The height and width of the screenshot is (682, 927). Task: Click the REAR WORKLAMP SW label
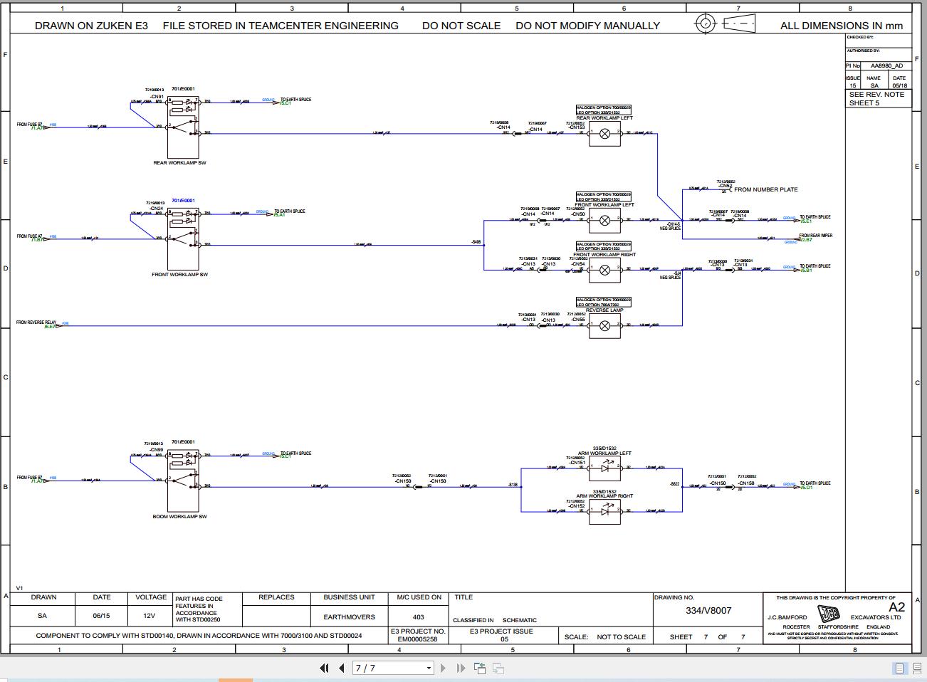point(179,163)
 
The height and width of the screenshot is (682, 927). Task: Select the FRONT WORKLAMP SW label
point(179,275)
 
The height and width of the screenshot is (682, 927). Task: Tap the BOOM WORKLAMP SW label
point(179,517)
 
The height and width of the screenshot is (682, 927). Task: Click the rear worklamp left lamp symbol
point(604,133)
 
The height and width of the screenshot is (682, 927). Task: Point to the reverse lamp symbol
point(604,326)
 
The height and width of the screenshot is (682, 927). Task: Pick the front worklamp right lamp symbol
point(604,270)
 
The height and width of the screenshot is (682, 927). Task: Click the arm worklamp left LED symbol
point(604,468)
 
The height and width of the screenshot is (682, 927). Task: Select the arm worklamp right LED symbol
point(604,511)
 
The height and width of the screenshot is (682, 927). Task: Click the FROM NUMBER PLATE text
point(765,190)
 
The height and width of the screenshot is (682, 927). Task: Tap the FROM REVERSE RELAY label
point(36,322)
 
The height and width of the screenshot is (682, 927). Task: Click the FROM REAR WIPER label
point(815,236)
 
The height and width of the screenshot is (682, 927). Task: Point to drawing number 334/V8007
point(708,611)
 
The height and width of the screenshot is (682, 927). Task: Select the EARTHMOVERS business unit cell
point(349,617)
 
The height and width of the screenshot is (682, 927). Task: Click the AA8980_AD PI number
point(886,65)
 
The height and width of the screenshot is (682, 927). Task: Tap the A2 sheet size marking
point(896,607)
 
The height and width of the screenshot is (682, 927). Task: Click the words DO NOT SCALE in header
point(461,26)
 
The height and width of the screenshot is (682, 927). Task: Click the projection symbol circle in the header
point(705,23)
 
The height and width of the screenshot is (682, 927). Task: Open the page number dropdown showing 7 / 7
point(394,668)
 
